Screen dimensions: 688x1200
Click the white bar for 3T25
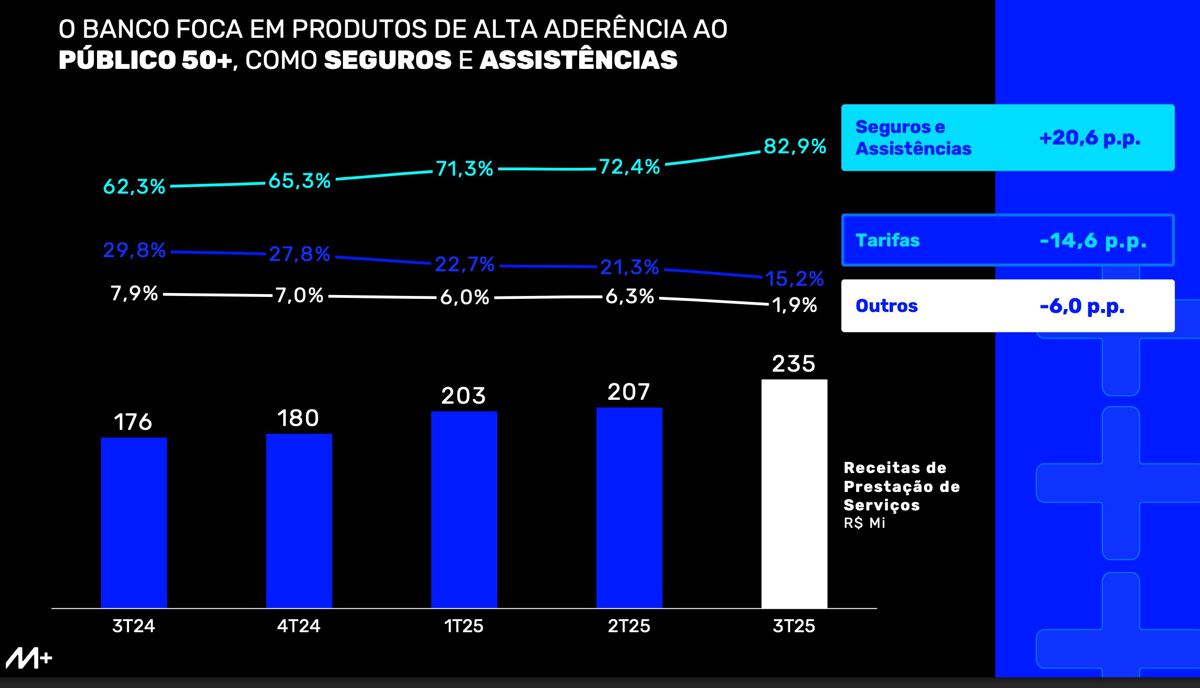coord(794,493)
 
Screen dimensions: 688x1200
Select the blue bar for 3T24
coord(134,523)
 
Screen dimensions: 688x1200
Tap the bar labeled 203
coord(464,509)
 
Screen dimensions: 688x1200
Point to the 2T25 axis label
coord(629,626)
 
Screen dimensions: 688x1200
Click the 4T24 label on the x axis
coord(299,626)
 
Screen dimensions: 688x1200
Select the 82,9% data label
coord(795,146)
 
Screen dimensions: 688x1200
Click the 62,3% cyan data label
coord(134,186)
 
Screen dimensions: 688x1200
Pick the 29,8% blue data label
coord(134,250)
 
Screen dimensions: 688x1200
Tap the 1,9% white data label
coord(795,305)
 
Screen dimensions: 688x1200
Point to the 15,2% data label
coord(795,279)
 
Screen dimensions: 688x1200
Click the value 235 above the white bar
coord(794,364)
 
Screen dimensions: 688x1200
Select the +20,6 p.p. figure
coord(1089,138)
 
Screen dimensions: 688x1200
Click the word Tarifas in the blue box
coord(888,241)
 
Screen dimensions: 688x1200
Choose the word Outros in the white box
coord(887,306)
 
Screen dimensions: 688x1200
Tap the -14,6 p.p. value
coord(1093,241)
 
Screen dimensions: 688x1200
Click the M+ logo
coord(29,658)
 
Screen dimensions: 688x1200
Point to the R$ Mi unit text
coord(864,523)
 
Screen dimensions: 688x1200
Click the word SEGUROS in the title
coord(388,60)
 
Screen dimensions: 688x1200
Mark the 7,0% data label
coord(299,295)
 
